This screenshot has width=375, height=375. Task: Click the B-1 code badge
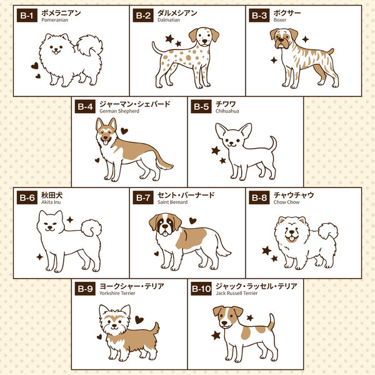[26, 16]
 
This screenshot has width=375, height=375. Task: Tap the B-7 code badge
[143, 197]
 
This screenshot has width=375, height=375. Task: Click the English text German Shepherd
[118, 111]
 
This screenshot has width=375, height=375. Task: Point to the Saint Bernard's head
[165, 224]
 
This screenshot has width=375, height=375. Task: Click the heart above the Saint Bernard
[192, 221]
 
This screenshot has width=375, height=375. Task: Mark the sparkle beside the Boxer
[273, 61]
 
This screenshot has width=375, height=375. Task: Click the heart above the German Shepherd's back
[124, 131]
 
